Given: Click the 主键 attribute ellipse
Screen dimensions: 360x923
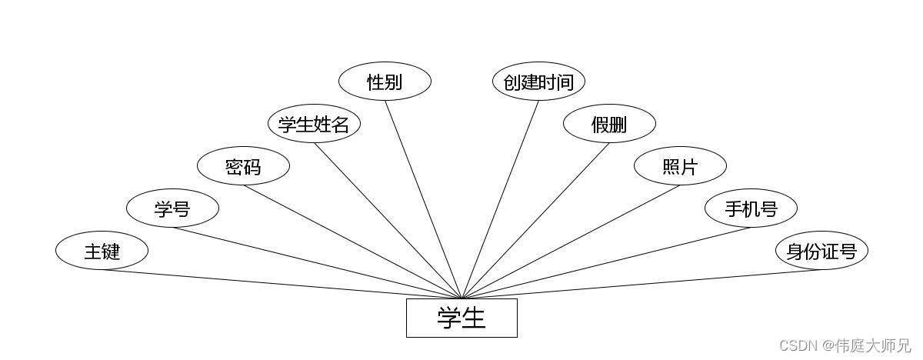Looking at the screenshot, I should tap(102, 251).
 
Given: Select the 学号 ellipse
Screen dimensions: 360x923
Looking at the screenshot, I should tap(172, 208).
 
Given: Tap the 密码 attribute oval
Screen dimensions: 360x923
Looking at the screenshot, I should tap(243, 166).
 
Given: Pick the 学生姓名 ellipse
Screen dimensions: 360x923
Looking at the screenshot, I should tap(314, 124).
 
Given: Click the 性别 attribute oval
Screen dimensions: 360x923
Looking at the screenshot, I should tap(385, 82).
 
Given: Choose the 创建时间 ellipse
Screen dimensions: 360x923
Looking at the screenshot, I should tap(538, 82).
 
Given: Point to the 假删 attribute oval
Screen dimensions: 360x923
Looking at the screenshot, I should tap(609, 124).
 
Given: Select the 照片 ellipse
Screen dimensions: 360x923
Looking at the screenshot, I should tap(680, 166).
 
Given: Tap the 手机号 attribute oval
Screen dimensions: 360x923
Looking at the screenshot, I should tap(751, 208).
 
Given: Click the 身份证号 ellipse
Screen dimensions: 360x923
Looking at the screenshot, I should tap(821, 251).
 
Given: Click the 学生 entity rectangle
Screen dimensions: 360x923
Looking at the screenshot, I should tap(461, 318).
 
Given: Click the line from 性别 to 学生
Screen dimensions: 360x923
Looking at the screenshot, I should tap(423, 200).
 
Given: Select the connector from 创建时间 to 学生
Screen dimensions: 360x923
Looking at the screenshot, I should tap(500, 200).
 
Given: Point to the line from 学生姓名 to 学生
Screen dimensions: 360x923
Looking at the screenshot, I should tap(388, 222).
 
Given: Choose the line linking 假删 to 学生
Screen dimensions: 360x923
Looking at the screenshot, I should tap(535, 222).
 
